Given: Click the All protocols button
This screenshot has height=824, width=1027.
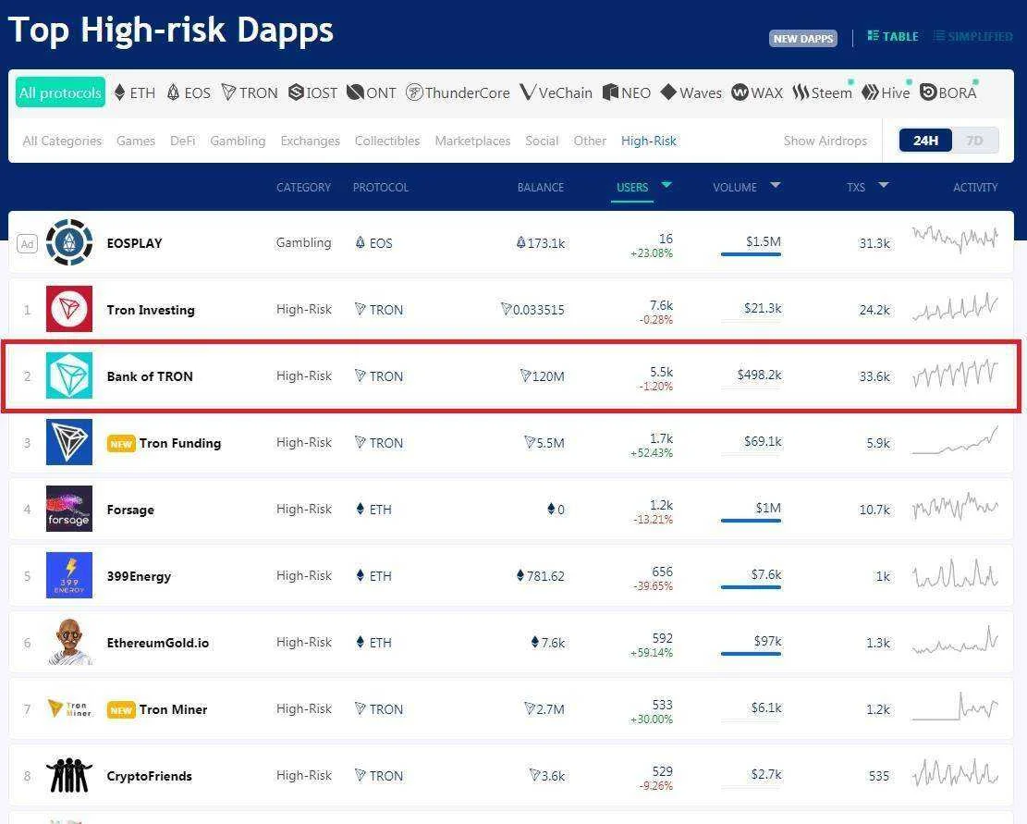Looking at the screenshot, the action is [x=60, y=92].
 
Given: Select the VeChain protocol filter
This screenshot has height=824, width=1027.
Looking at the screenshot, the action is [x=556, y=92].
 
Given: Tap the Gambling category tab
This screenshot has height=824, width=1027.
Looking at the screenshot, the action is [x=238, y=141].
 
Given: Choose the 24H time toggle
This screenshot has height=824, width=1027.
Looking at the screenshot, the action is [x=924, y=141].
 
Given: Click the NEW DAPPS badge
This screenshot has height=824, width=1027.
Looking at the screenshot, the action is [x=803, y=38].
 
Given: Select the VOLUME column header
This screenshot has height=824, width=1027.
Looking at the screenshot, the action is [x=735, y=188].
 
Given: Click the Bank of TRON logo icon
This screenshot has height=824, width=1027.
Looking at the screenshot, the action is [x=69, y=375].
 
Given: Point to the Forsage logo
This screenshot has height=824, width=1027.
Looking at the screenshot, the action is [x=69, y=509].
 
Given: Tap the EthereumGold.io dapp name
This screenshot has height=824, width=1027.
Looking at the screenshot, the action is [x=158, y=643].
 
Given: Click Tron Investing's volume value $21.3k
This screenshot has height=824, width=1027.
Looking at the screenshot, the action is [x=763, y=308].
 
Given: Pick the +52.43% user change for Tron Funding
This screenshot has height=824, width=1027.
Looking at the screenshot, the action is [x=651, y=452].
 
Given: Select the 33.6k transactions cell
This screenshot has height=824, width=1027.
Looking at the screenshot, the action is [x=874, y=376].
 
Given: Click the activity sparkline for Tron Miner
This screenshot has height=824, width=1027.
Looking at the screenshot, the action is [x=955, y=707].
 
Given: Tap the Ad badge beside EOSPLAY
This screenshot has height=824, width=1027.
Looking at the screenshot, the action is [x=27, y=243].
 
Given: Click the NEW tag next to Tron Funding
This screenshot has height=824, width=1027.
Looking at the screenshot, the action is [x=121, y=443].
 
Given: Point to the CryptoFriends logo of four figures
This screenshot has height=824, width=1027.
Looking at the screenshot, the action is [x=69, y=776].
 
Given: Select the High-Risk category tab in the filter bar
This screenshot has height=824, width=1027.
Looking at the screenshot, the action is [x=648, y=141].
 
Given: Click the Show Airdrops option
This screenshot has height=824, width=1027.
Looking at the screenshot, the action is [x=825, y=141].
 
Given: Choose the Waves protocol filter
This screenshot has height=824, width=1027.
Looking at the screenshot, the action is [x=691, y=92].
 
